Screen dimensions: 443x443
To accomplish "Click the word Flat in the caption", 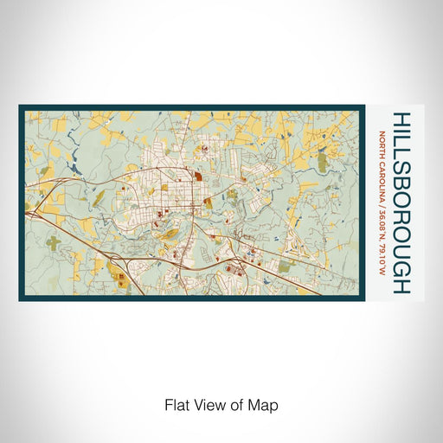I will point(176,404).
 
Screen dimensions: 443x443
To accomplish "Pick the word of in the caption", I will point(238,404).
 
